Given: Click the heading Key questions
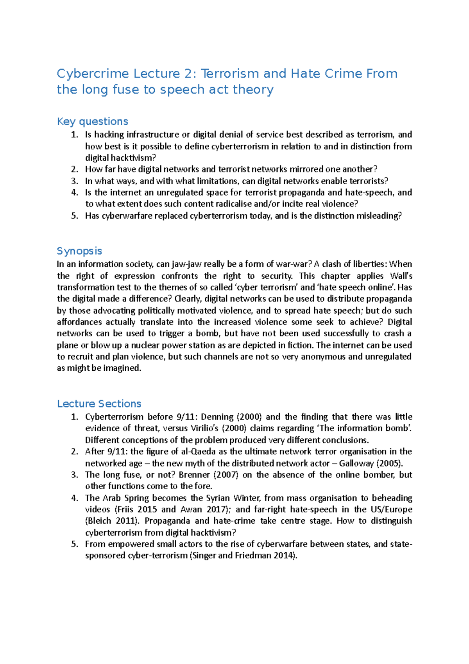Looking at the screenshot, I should click(92, 122).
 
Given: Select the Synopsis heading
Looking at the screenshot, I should click(79, 251).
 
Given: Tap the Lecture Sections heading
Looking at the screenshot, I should click(99, 404).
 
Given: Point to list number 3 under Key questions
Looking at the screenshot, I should click(75, 181).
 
